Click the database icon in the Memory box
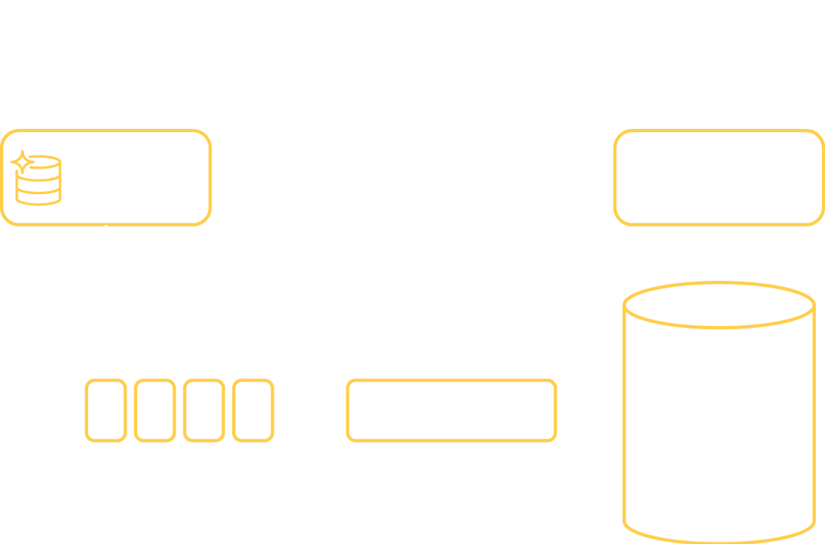point(38,179)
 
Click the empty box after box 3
point(252,410)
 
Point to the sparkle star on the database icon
point(22,161)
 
